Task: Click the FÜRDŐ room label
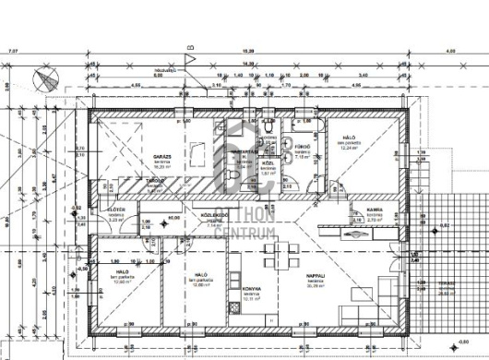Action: pyautogui.click(x=313, y=146)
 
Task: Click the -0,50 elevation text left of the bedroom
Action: pyautogui.click(x=82, y=269)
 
